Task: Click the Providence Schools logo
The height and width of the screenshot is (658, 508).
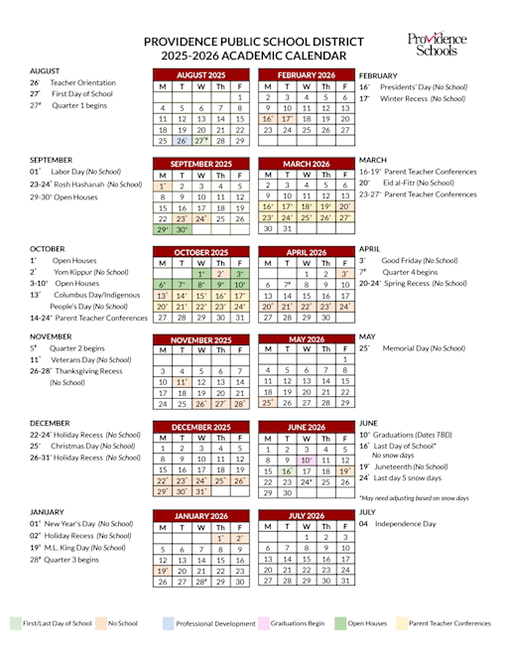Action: [x=438, y=44]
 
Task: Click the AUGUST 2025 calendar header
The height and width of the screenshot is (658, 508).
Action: [x=200, y=75]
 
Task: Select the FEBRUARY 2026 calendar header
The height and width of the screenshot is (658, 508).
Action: [x=307, y=75]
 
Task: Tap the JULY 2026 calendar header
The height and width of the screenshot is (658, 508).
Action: [x=307, y=516]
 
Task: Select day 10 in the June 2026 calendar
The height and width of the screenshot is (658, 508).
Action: [x=307, y=460]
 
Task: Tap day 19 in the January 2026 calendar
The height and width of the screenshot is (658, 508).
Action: [x=162, y=571]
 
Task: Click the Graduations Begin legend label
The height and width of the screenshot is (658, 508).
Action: [x=295, y=623]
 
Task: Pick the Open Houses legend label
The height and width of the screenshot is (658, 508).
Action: [x=368, y=623]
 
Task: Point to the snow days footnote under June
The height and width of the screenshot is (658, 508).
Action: [x=416, y=497]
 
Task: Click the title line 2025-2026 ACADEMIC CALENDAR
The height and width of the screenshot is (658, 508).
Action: [x=254, y=57]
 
